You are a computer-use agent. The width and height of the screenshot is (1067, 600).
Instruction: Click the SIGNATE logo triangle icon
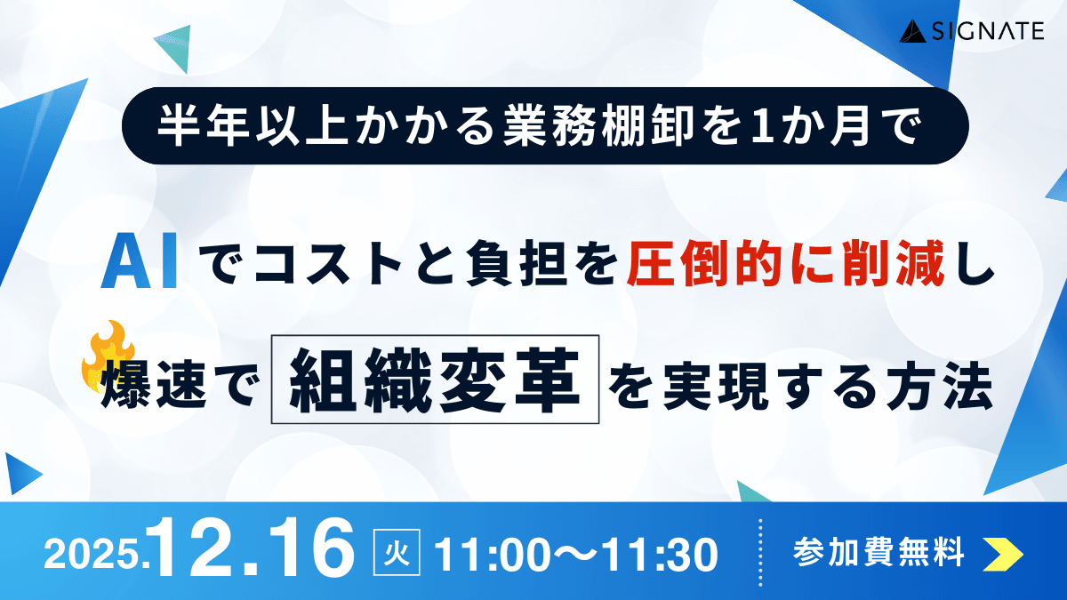(x=912, y=31)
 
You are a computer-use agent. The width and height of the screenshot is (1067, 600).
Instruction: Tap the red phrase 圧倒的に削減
(x=786, y=263)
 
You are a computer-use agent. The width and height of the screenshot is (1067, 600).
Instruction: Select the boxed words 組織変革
(x=435, y=380)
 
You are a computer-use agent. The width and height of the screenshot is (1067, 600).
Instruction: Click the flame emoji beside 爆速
(x=108, y=355)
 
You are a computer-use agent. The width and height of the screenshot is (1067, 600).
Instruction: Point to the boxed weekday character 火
(x=397, y=552)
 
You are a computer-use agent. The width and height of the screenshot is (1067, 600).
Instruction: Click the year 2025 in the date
(x=92, y=554)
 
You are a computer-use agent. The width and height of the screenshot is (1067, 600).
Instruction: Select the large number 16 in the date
(x=309, y=548)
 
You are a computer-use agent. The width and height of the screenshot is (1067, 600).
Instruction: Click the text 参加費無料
(x=878, y=552)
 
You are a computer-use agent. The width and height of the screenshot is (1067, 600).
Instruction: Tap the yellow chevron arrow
(x=1003, y=554)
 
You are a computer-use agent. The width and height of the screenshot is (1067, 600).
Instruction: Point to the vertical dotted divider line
(x=759, y=552)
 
